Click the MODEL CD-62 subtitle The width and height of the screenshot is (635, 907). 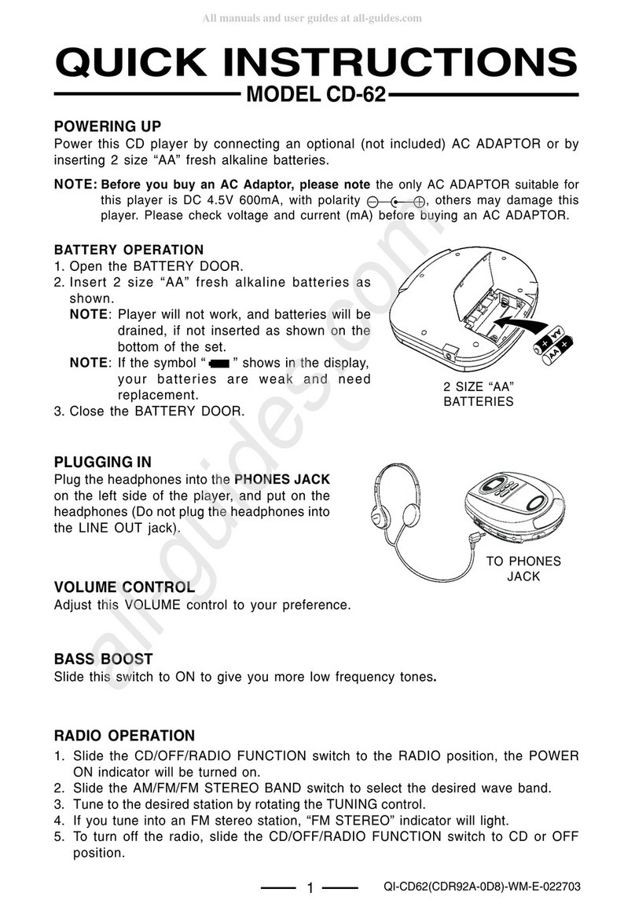[x=317, y=96]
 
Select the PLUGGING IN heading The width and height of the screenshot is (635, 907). [x=102, y=462]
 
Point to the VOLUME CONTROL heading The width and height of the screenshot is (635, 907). [x=123, y=587]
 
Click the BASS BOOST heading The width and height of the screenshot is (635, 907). [x=103, y=658]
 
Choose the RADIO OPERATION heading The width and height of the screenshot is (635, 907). [x=124, y=736]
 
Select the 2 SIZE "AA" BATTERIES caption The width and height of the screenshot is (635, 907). [x=479, y=394]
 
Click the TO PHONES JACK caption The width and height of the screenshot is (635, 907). [x=523, y=569]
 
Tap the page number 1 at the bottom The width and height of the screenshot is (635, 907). [x=310, y=888]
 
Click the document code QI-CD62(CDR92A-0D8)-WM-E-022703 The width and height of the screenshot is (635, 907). [x=482, y=887]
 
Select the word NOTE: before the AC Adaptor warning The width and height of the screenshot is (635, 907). [x=75, y=185]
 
